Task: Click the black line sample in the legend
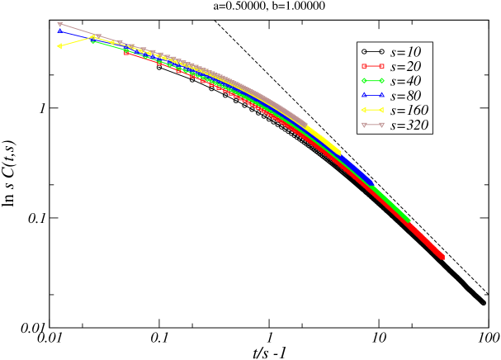372,51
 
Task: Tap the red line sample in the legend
372,66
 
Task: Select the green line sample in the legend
372,81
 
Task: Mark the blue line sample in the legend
372,96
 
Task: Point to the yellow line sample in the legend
372,111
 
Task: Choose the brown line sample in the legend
372,126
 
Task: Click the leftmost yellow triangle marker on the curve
59,46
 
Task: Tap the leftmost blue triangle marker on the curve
60,31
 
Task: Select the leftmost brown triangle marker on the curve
59,24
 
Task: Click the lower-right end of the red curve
443,258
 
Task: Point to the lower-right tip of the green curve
409,220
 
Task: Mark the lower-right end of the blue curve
371,182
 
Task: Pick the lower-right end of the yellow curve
338,152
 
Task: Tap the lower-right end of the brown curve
306,125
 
